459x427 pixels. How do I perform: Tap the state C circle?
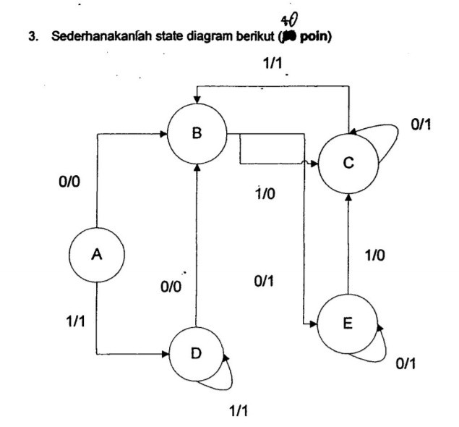click(348, 164)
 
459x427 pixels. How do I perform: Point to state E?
click(348, 323)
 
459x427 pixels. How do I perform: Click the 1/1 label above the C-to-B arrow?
click(275, 65)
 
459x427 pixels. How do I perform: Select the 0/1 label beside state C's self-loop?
click(421, 125)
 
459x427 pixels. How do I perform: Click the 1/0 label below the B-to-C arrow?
click(269, 194)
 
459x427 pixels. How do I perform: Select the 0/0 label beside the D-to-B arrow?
click(172, 288)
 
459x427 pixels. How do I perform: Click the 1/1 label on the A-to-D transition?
click(74, 320)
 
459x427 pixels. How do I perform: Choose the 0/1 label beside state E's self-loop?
click(406, 363)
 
